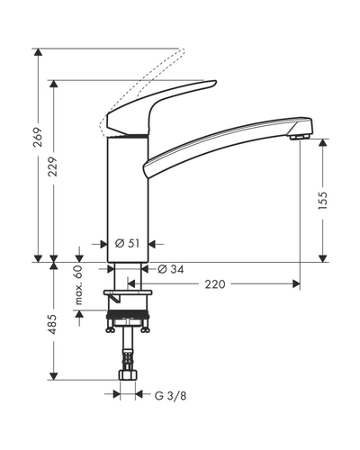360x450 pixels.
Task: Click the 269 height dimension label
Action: (38, 138)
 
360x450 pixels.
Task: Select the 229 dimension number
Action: (53, 166)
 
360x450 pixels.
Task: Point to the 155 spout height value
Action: (323, 200)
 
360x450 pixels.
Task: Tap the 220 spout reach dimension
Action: (215, 284)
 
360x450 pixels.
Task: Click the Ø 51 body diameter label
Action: (128, 244)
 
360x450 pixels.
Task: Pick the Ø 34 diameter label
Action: (171, 269)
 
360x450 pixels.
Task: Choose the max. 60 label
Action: (78, 285)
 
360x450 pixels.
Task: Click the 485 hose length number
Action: (53, 324)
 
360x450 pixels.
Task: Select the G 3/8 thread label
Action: (170, 396)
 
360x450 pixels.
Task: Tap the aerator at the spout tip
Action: (300, 137)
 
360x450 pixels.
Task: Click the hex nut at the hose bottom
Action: (128, 375)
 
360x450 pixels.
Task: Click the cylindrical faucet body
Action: (128, 200)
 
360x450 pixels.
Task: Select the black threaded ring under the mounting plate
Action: (128, 314)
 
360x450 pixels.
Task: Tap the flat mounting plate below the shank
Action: (128, 292)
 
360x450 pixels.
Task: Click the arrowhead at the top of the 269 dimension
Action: (38, 52)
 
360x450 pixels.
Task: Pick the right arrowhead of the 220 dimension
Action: (296, 283)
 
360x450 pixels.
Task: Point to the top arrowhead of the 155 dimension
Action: (323, 142)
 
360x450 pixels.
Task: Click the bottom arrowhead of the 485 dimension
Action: (53, 376)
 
